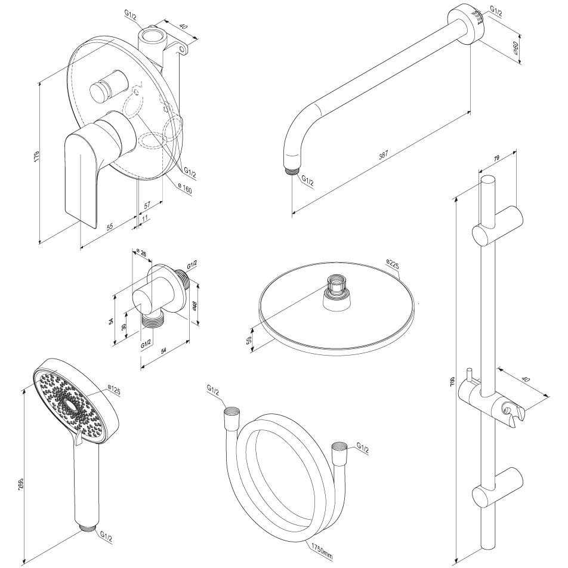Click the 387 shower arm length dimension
384,154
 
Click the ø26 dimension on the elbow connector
141,253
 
